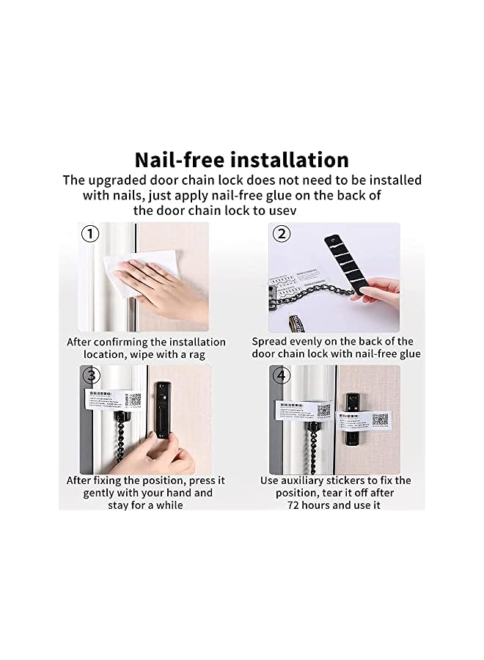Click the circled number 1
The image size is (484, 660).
[89, 234]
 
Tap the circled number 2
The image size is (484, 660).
[281, 234]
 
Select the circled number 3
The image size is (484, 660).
[89, 376]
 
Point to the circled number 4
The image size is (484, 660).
[281, 376]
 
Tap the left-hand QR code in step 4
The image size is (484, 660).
[323, 410]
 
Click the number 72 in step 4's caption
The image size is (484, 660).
[296, 505]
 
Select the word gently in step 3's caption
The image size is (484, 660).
[99, 493]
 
